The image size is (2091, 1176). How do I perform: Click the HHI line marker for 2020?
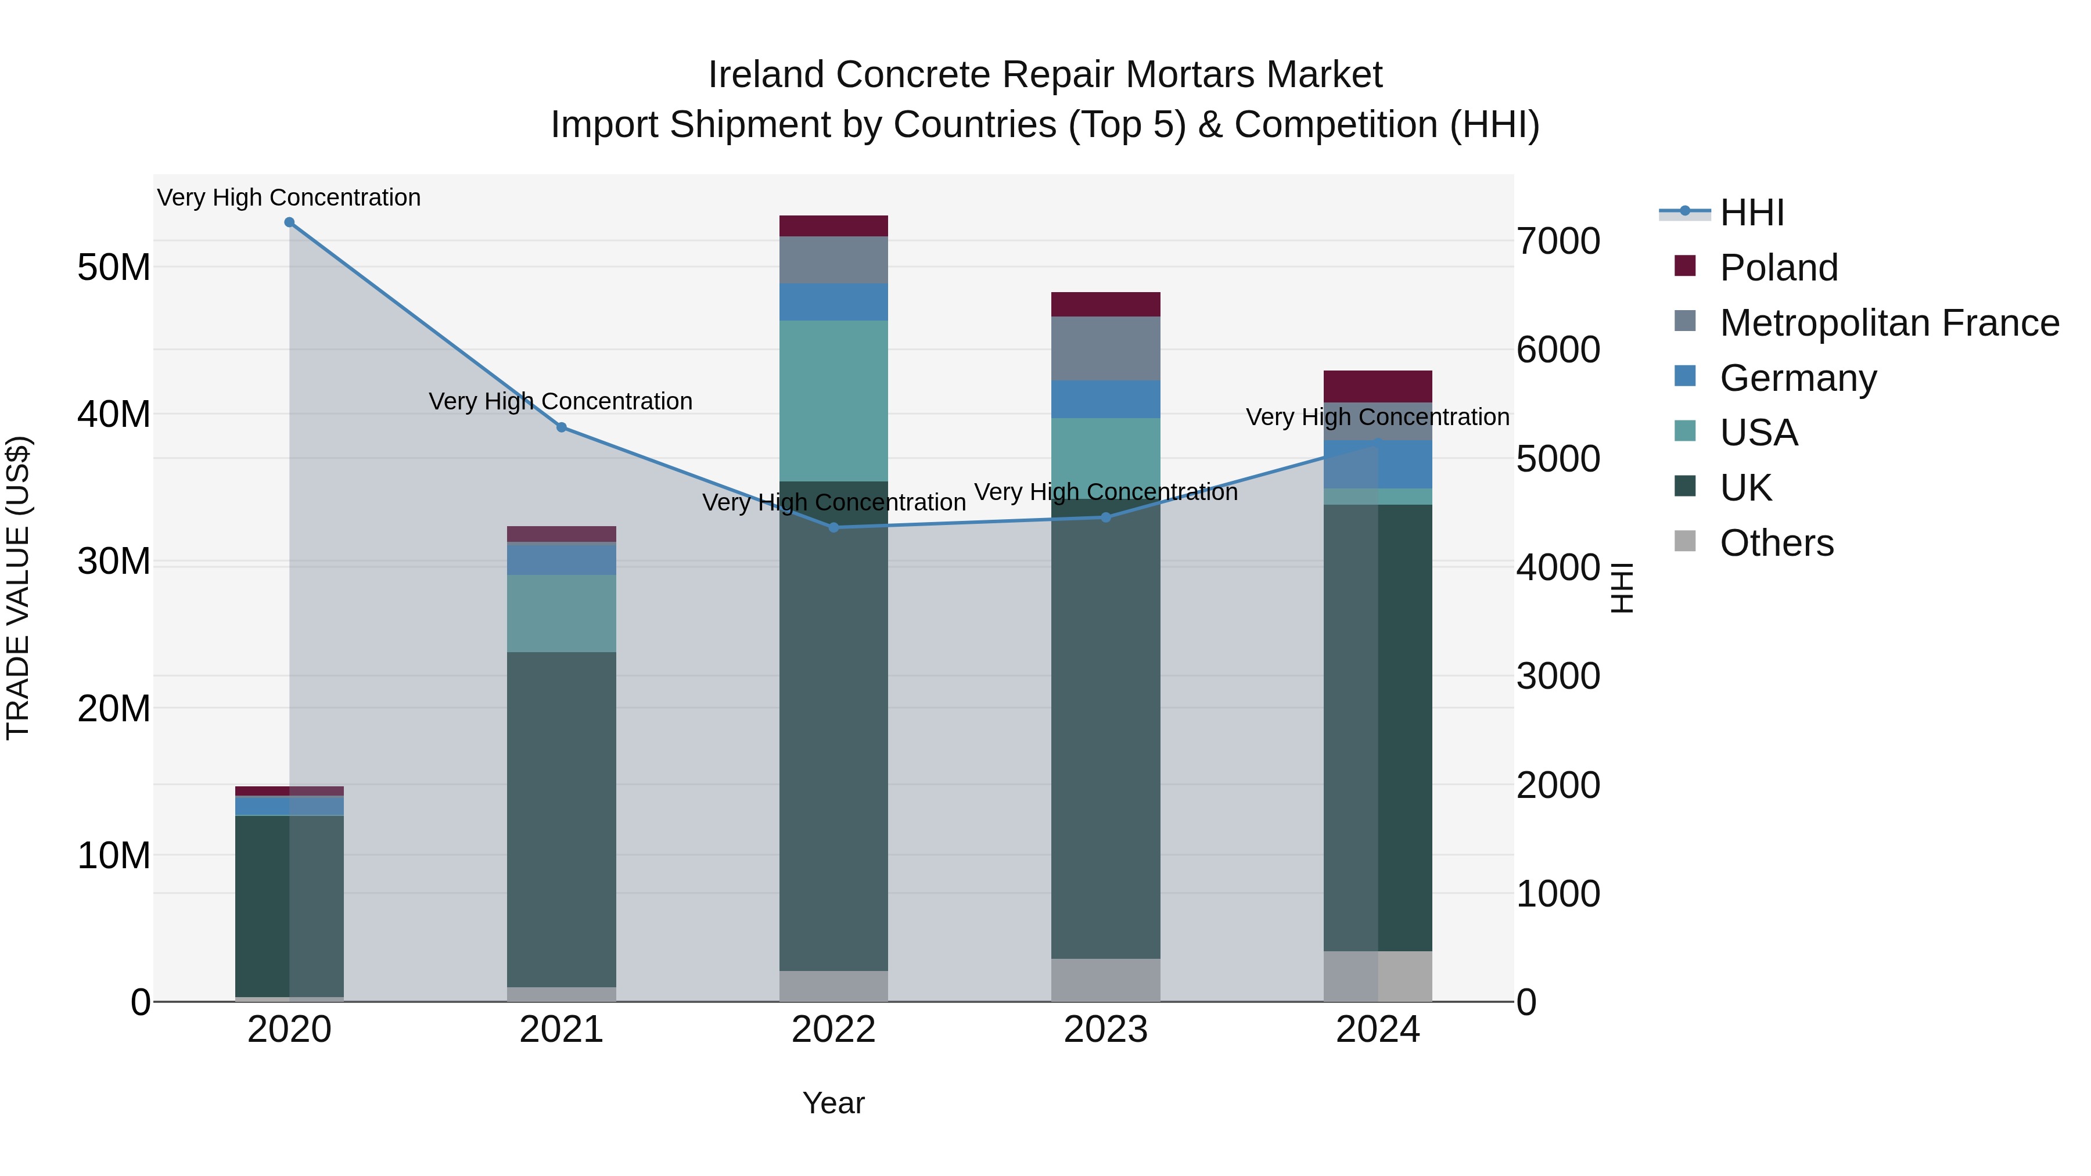289,222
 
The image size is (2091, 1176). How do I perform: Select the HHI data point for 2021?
561,427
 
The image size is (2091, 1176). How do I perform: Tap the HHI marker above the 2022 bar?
833,527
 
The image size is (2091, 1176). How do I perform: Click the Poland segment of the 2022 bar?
833,226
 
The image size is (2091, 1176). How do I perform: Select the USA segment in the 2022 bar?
833,401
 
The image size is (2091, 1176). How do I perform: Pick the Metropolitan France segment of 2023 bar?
1105,349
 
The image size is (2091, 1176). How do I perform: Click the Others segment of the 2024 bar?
1378,976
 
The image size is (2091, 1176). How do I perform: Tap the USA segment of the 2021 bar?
561,614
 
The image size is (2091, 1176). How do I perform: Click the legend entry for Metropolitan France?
1889,323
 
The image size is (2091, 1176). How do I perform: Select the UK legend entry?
1745,488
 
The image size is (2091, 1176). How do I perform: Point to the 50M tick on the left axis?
114,268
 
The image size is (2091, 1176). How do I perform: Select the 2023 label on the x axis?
1105,1030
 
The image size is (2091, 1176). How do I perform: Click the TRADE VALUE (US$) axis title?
18,588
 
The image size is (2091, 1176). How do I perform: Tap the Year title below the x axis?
833,1103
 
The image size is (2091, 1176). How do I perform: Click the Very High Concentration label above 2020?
289,197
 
